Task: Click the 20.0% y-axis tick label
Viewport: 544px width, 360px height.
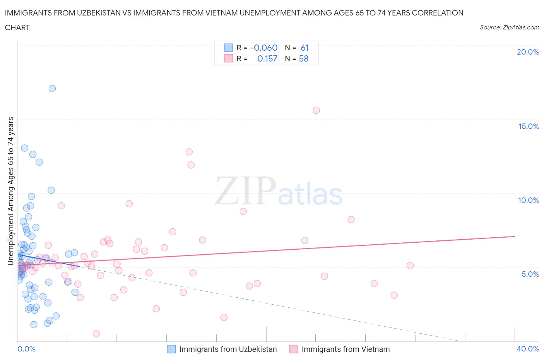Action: click(528, 52)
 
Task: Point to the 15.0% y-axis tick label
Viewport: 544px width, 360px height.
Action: click(529, 126)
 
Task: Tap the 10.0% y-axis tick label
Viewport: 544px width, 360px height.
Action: click(529, 200)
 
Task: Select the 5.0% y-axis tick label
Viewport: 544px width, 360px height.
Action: click(530, 274)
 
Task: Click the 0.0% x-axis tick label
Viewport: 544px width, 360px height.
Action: click(26, 349)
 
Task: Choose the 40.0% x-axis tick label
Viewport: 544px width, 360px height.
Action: click(528, 349)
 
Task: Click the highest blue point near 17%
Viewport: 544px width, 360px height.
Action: click(52, 89)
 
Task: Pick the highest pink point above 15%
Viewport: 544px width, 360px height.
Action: click(316, 110)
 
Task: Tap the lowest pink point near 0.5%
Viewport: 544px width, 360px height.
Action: click(96, 334)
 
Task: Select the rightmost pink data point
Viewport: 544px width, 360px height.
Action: click(410, 266)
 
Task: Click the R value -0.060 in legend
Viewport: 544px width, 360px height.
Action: click(264, 48)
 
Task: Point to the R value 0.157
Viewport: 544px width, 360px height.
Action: click(267, 58)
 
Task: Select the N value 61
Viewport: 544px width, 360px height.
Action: click(305, 48)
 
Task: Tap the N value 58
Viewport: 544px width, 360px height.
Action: click(304, 58)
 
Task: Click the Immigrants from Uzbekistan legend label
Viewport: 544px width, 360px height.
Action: click(228, 349)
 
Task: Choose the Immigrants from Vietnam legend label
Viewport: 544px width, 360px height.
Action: click(346, 349)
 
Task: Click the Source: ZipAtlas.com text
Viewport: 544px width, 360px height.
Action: click(509, 27)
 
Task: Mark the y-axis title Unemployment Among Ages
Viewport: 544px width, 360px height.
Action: click(10, 191)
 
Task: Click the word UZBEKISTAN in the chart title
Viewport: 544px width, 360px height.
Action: click(96, 13)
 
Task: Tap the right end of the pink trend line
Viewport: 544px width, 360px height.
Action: click(515, 236)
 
